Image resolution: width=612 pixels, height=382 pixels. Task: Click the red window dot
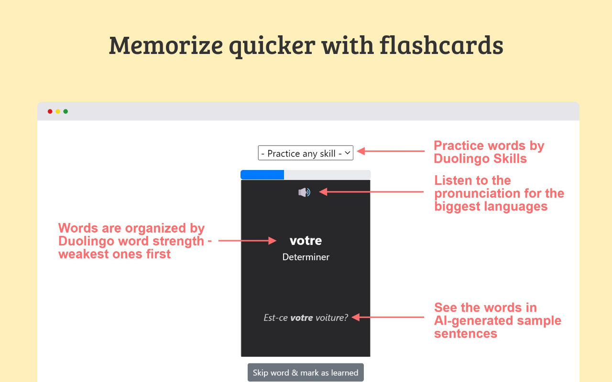[50, 111]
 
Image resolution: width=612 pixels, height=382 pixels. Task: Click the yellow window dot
[58, 111]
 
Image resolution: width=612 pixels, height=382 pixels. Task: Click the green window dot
[66, 111]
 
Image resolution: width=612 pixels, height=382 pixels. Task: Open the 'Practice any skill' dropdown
[306, 153]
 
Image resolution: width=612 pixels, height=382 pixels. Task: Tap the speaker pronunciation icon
[305, 192]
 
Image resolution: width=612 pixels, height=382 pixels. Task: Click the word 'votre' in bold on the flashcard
[306, 241]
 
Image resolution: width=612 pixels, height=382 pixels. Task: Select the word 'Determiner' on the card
[306, 257]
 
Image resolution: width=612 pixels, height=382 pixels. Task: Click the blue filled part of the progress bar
[262, 175]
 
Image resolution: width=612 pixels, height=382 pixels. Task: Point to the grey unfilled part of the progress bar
[328, 175]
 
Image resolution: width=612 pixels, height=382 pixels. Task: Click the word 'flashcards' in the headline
[441, 45]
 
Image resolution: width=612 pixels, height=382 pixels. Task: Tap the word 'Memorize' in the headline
[166, 45]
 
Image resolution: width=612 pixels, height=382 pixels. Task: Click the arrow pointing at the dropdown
[391, 151]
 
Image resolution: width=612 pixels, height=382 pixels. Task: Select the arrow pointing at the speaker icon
[372, 192]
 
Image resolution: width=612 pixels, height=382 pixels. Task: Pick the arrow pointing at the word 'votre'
[248, 241]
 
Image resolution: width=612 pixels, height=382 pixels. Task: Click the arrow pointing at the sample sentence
[388, 317]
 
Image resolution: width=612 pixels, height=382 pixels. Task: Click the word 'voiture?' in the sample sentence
[332, 318]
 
